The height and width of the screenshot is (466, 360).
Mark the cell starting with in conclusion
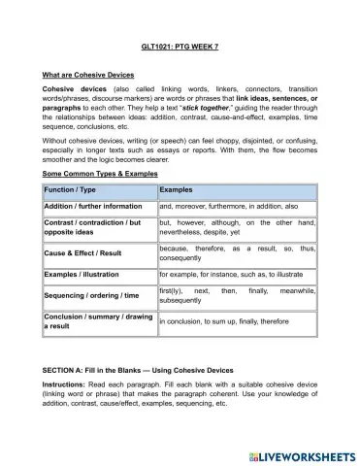click(222, 321)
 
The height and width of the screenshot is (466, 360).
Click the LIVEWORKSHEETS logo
click(297, 453)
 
